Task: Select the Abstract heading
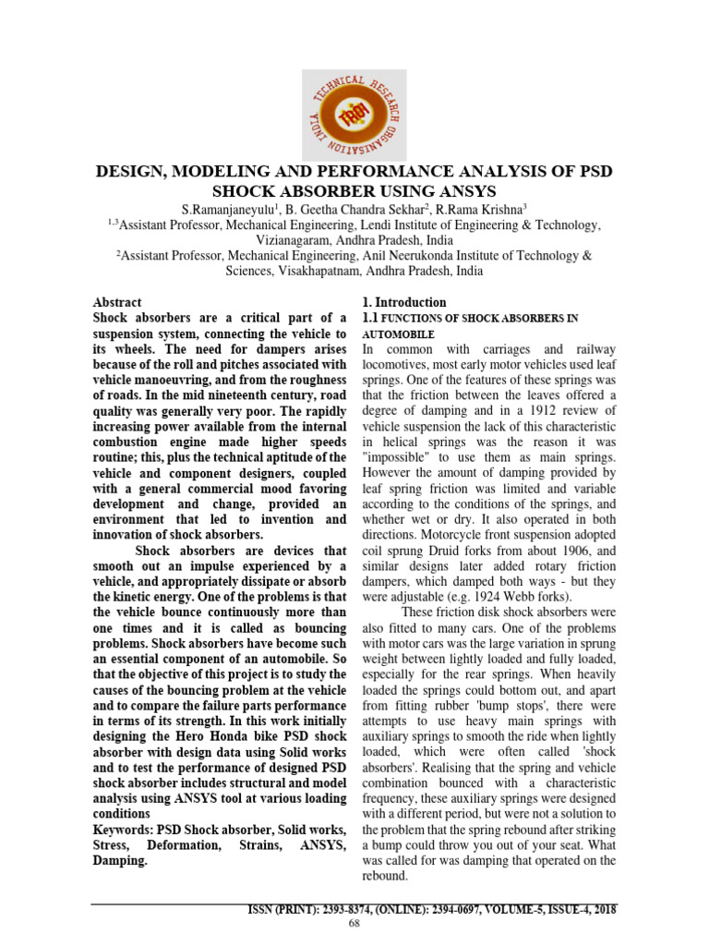coord(117,302)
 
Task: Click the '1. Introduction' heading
coord(403,302)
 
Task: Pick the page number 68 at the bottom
coord(354,924)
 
